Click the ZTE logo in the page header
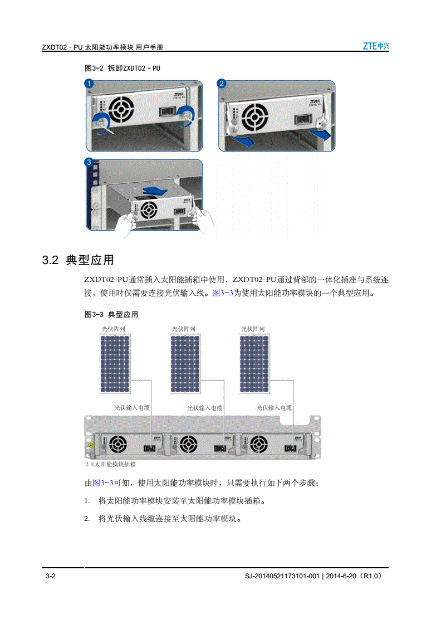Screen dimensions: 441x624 [x=376, y=46]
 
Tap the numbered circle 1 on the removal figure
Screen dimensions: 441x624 [x=89, y=84]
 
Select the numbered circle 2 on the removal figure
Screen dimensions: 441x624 [x=222, y=83]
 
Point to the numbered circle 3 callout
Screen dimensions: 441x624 [x=89, y=162]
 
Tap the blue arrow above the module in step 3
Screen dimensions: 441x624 [x=155, y=190]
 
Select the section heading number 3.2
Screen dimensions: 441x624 [x=51, y=260]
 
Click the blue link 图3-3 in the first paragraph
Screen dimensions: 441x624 [x=223, y=293]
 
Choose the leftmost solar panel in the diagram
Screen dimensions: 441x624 [x=115, y=364]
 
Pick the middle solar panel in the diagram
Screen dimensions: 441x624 [x=185, y=364]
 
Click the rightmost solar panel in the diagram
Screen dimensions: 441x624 [x=254, y=364]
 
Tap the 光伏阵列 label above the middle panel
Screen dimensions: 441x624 [x=184, y=329]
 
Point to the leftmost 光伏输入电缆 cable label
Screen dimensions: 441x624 [x=132, y=407]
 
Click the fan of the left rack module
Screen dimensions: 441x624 [x=118, y=444]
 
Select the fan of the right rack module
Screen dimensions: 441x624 [x=259, y=444]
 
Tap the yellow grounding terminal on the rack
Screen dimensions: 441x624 [x=91, y=445]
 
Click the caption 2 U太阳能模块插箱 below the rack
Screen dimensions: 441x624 [x=111, y=464]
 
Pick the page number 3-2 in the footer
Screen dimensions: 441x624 [x=51, y=576]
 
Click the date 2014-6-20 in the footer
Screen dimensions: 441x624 [x=341, y=576]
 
